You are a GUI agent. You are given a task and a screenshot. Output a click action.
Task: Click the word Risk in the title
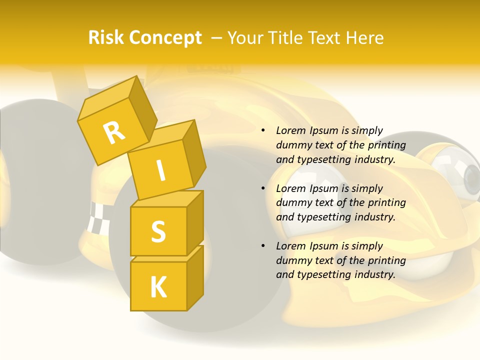click(x=106, y=38)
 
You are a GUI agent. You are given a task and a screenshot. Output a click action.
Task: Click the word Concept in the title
click(x=166, y=38)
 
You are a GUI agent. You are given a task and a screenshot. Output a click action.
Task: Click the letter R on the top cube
click(x=114, y=132)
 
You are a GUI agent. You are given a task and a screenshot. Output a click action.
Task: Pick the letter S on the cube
click(x=158, y=231)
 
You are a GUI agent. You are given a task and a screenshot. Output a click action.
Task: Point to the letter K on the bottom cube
click(x=158, y=287)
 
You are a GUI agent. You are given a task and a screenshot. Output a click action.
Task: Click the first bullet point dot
click(x=263, y=131)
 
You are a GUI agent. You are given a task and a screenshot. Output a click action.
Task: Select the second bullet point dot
click(x=263, y=188)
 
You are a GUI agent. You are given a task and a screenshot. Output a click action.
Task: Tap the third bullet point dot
click(x=263, y=246)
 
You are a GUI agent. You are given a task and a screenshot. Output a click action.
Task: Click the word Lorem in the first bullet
click(x=290, y=130)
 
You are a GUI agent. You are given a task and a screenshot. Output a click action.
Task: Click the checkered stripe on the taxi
click(x=97, y=218)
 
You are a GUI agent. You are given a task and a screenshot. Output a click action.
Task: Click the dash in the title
click(x=217, y=38)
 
